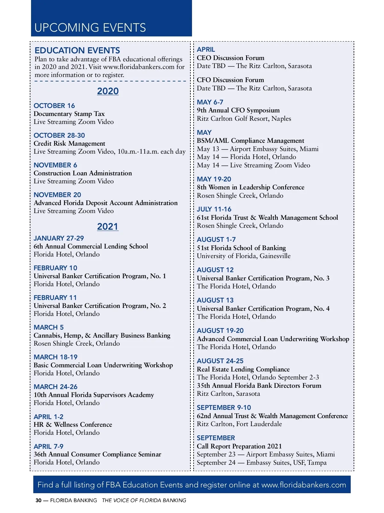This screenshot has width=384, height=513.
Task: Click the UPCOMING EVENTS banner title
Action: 90,28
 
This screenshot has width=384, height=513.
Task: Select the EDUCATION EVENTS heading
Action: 77,50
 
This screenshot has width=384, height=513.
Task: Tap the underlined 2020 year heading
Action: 108,91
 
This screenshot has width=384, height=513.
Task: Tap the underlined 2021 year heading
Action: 108,226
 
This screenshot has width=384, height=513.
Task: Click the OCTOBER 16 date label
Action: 54,106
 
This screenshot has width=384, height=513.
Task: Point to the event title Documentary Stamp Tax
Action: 69,114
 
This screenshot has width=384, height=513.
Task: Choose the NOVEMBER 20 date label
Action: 57,195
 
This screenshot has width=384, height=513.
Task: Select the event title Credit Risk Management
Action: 69,143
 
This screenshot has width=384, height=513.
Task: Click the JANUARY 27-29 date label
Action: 59,238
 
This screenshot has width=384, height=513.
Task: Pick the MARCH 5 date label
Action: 49,327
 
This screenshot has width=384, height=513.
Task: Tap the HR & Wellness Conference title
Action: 73,425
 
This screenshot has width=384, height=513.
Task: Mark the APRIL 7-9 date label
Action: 49,447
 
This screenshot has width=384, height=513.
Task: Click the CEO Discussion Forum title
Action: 230,58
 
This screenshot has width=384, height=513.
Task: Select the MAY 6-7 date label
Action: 210,102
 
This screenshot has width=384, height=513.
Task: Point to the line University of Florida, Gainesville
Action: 244,256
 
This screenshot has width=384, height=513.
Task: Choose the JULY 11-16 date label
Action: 214,209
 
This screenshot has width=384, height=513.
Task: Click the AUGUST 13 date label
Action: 215,300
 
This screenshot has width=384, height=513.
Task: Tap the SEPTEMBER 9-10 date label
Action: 224,408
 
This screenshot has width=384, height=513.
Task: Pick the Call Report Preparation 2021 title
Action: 239,446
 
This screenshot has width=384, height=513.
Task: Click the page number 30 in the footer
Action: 38,500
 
